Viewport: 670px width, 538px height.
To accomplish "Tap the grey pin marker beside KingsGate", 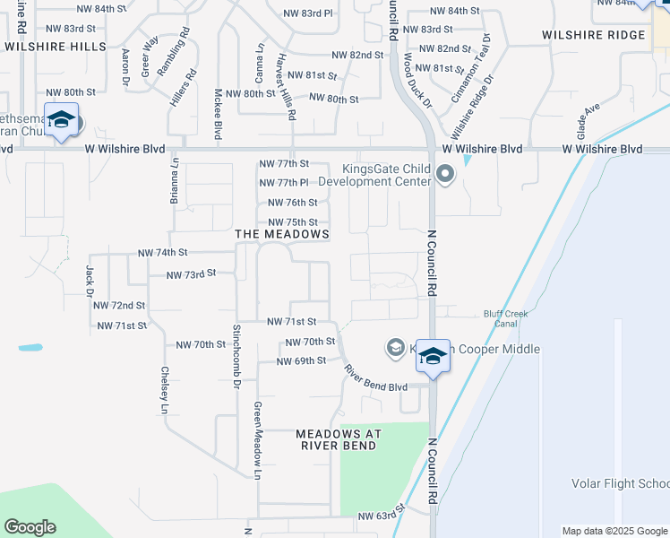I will (445, 175).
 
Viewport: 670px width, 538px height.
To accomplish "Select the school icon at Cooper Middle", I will (433, 356).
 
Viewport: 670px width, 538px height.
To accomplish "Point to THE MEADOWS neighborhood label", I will (281, 234).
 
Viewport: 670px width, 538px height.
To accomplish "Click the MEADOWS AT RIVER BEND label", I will (339, 439).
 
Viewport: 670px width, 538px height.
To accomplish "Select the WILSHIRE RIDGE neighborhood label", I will (593, 35).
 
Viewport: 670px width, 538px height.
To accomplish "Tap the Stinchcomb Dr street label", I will (237, 356).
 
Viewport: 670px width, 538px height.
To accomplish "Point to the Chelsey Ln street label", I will (165, 390).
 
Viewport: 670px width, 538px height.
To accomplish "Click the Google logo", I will (30, 527).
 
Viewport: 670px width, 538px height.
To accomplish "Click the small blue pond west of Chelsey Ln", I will (30, 347).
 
